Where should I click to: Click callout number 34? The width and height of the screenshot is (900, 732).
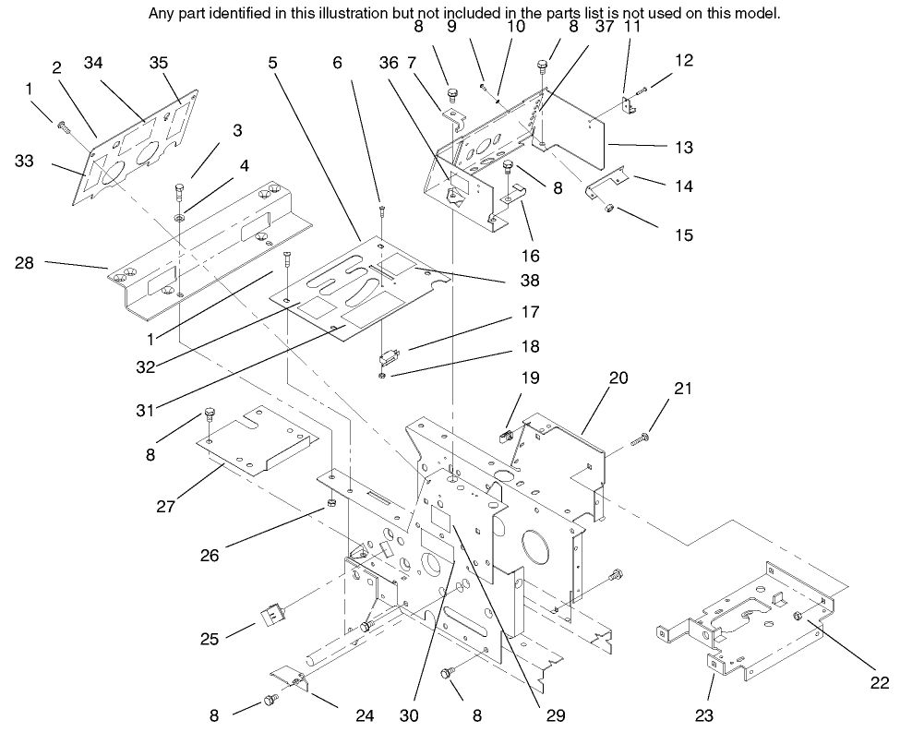point(92,63)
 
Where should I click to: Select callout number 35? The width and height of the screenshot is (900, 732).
point(160,63)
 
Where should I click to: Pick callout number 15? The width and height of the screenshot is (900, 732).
point(683,235)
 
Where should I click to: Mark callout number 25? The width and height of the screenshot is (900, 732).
point(210,638)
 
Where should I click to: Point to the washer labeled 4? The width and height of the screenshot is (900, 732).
point(176,219)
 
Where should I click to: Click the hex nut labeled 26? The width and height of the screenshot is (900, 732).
point(330,507)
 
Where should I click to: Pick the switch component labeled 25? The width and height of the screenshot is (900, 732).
point(273,613)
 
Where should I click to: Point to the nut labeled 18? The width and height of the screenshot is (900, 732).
point(383,376)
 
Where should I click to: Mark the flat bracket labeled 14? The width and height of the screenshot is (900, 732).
point(608,182)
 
